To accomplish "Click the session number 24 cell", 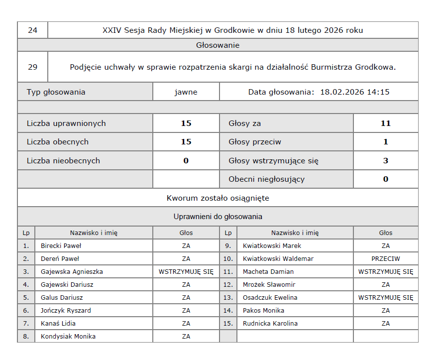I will [33, 30].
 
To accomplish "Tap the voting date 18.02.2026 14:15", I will [354, 92].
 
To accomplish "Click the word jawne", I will [186, 92].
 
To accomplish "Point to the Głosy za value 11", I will [386, 123].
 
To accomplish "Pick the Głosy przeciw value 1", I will [386, 142].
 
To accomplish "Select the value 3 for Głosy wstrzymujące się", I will [386, 161].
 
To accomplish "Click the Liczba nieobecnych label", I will [63, 161].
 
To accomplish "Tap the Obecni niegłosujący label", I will [267, 179].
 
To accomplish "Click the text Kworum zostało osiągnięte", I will [218, 198].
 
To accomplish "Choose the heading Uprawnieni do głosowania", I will [218, 217].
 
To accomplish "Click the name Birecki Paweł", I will [61, 245].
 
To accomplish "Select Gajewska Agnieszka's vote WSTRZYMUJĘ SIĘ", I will [186, 271].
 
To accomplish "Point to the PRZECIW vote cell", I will [386, 258].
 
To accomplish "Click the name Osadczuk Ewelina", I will [270, 297].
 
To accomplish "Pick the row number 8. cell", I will [26, 336].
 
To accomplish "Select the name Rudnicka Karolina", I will [270, 323].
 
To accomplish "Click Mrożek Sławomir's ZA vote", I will [386, 284].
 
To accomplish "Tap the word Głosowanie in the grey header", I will [218, 45].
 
